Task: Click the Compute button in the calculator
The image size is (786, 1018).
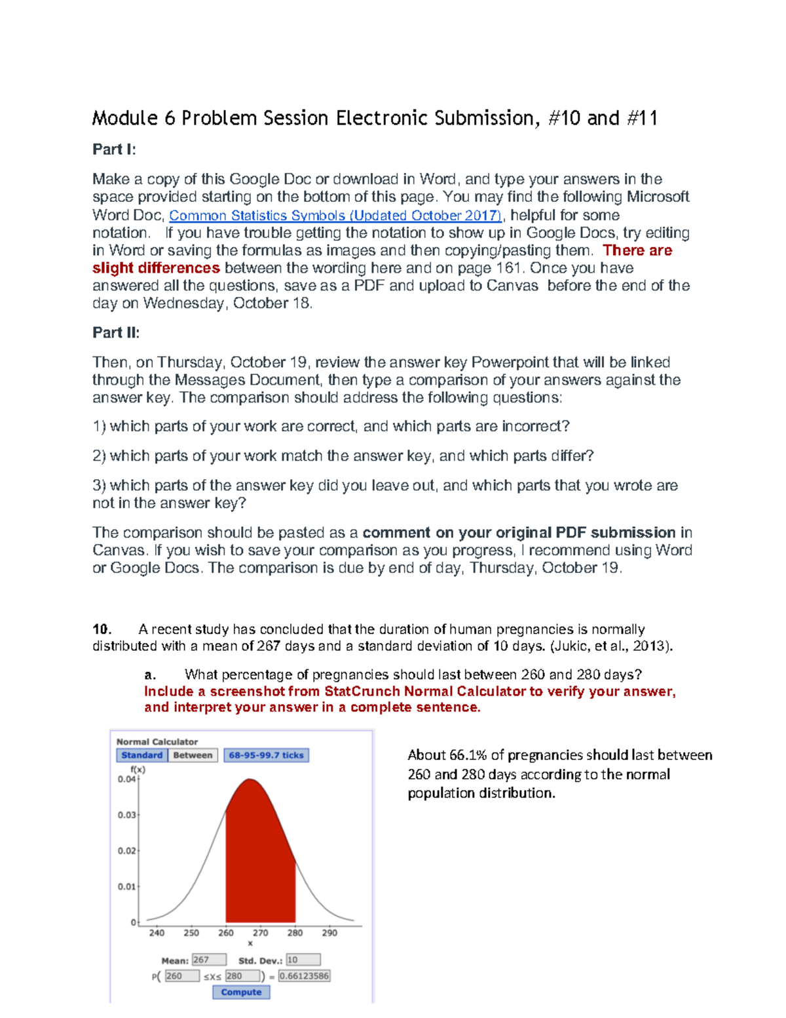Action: (x=241, y=992)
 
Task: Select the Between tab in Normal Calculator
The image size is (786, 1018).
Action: (x=193, y=755)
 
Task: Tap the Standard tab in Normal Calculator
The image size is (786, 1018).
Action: (x=141, y=755)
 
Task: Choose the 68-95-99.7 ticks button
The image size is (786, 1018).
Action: (x=266, y=755)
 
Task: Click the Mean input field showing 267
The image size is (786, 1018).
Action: (x=209, y=960)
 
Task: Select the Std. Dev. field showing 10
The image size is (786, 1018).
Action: (x=303, y=960)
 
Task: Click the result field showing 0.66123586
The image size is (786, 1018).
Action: (x=304, y=976)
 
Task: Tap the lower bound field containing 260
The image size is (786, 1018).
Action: (x=181, y=976)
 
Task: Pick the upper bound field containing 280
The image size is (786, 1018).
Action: (x=242, y=976)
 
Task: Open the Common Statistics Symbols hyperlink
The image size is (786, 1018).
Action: (x=335, y=216)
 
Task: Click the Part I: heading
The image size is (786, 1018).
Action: (x=114, y=149)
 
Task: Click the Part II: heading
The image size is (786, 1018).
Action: (x=116, y=333)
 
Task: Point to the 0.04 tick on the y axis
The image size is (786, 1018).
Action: (x=127, y=779)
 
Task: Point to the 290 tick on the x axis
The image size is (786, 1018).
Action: (x=329, y=932)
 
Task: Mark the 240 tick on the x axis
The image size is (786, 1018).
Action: (x=157, y=932)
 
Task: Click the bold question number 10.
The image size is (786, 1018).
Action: (x=102, y=629)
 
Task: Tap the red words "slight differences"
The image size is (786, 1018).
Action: (x=156, y=268)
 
